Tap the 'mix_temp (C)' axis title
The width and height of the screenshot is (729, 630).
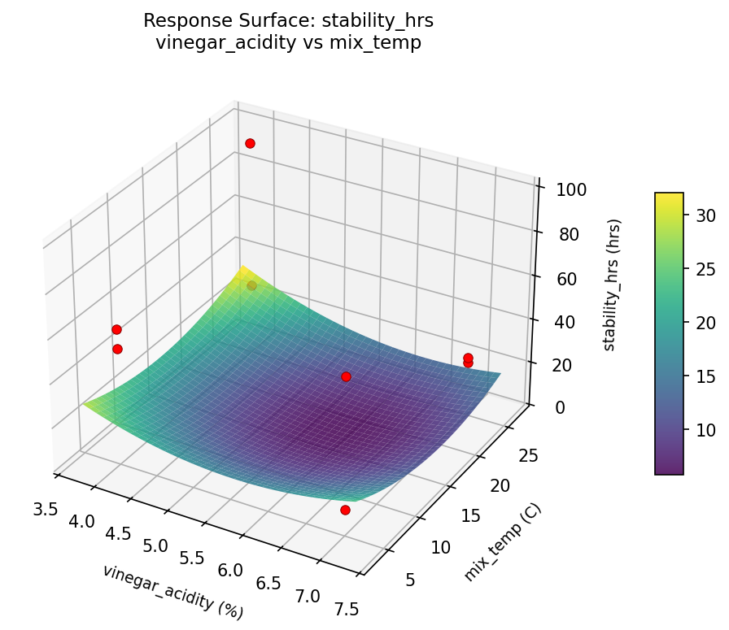(x=502, y=542)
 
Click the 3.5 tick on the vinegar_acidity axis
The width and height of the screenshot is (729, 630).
(x=46, y=510)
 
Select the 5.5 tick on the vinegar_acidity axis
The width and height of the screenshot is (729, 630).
(x=192, y=558)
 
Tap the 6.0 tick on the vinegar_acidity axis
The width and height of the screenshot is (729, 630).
(x=230, y=571)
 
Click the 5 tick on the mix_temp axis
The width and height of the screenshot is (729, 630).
(x=410, y=579)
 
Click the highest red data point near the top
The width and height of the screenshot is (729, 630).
(x=250, y=143)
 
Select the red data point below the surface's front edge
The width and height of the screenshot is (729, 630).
(x=345, y=510)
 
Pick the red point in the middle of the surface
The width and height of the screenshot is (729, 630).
(x=346, y=376)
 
